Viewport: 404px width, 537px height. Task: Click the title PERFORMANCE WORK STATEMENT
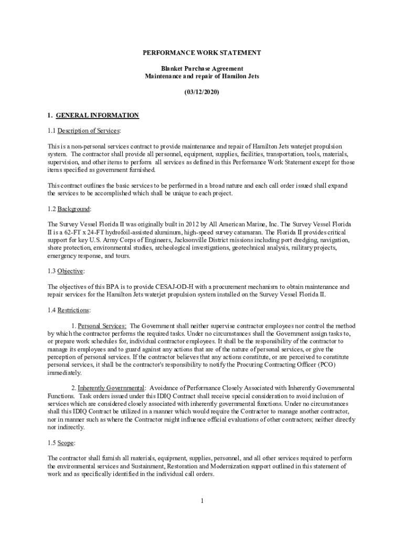point(202,53)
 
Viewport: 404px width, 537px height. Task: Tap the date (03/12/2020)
point(202,92)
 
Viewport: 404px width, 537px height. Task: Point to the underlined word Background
point(73,209)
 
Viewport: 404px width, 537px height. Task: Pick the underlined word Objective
point(70,271)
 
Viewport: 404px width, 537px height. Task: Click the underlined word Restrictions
point(73,310)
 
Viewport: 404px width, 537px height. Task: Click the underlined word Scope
point(66,443)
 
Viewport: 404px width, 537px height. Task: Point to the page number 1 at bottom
point(202,501)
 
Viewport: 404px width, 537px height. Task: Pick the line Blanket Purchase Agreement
point(202,69)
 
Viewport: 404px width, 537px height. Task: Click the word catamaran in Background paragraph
point(249,232)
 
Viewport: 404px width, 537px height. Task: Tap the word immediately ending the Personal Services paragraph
point(65,373)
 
